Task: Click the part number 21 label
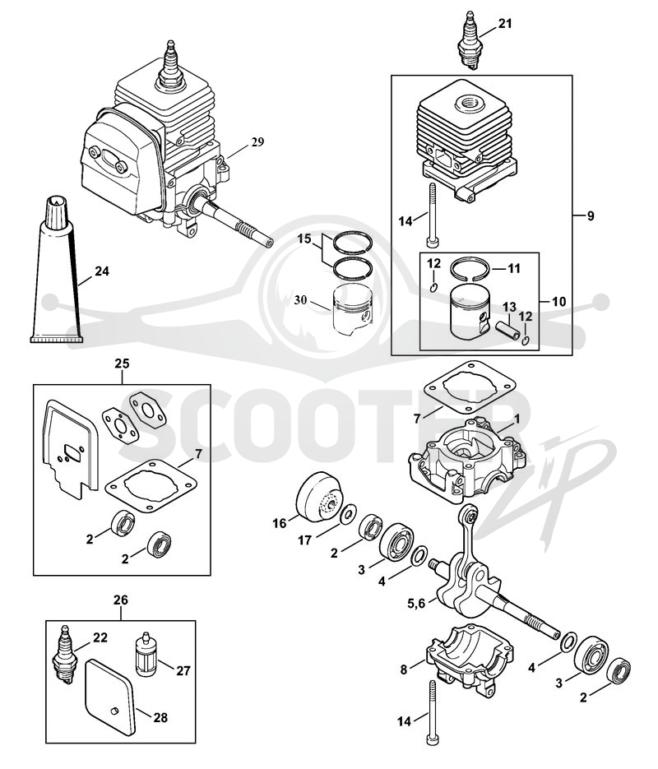point(505,24)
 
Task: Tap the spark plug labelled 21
point(468,44)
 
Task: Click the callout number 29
point(257,142)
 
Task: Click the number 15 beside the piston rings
point(304,239)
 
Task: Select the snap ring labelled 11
point(470,268)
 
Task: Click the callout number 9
point(591,215)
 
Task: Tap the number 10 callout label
point(558,302)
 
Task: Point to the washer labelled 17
point(349,514)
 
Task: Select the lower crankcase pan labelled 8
point(470,657)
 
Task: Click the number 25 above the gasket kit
point(122,364)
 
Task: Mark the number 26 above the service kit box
point(121,600)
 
